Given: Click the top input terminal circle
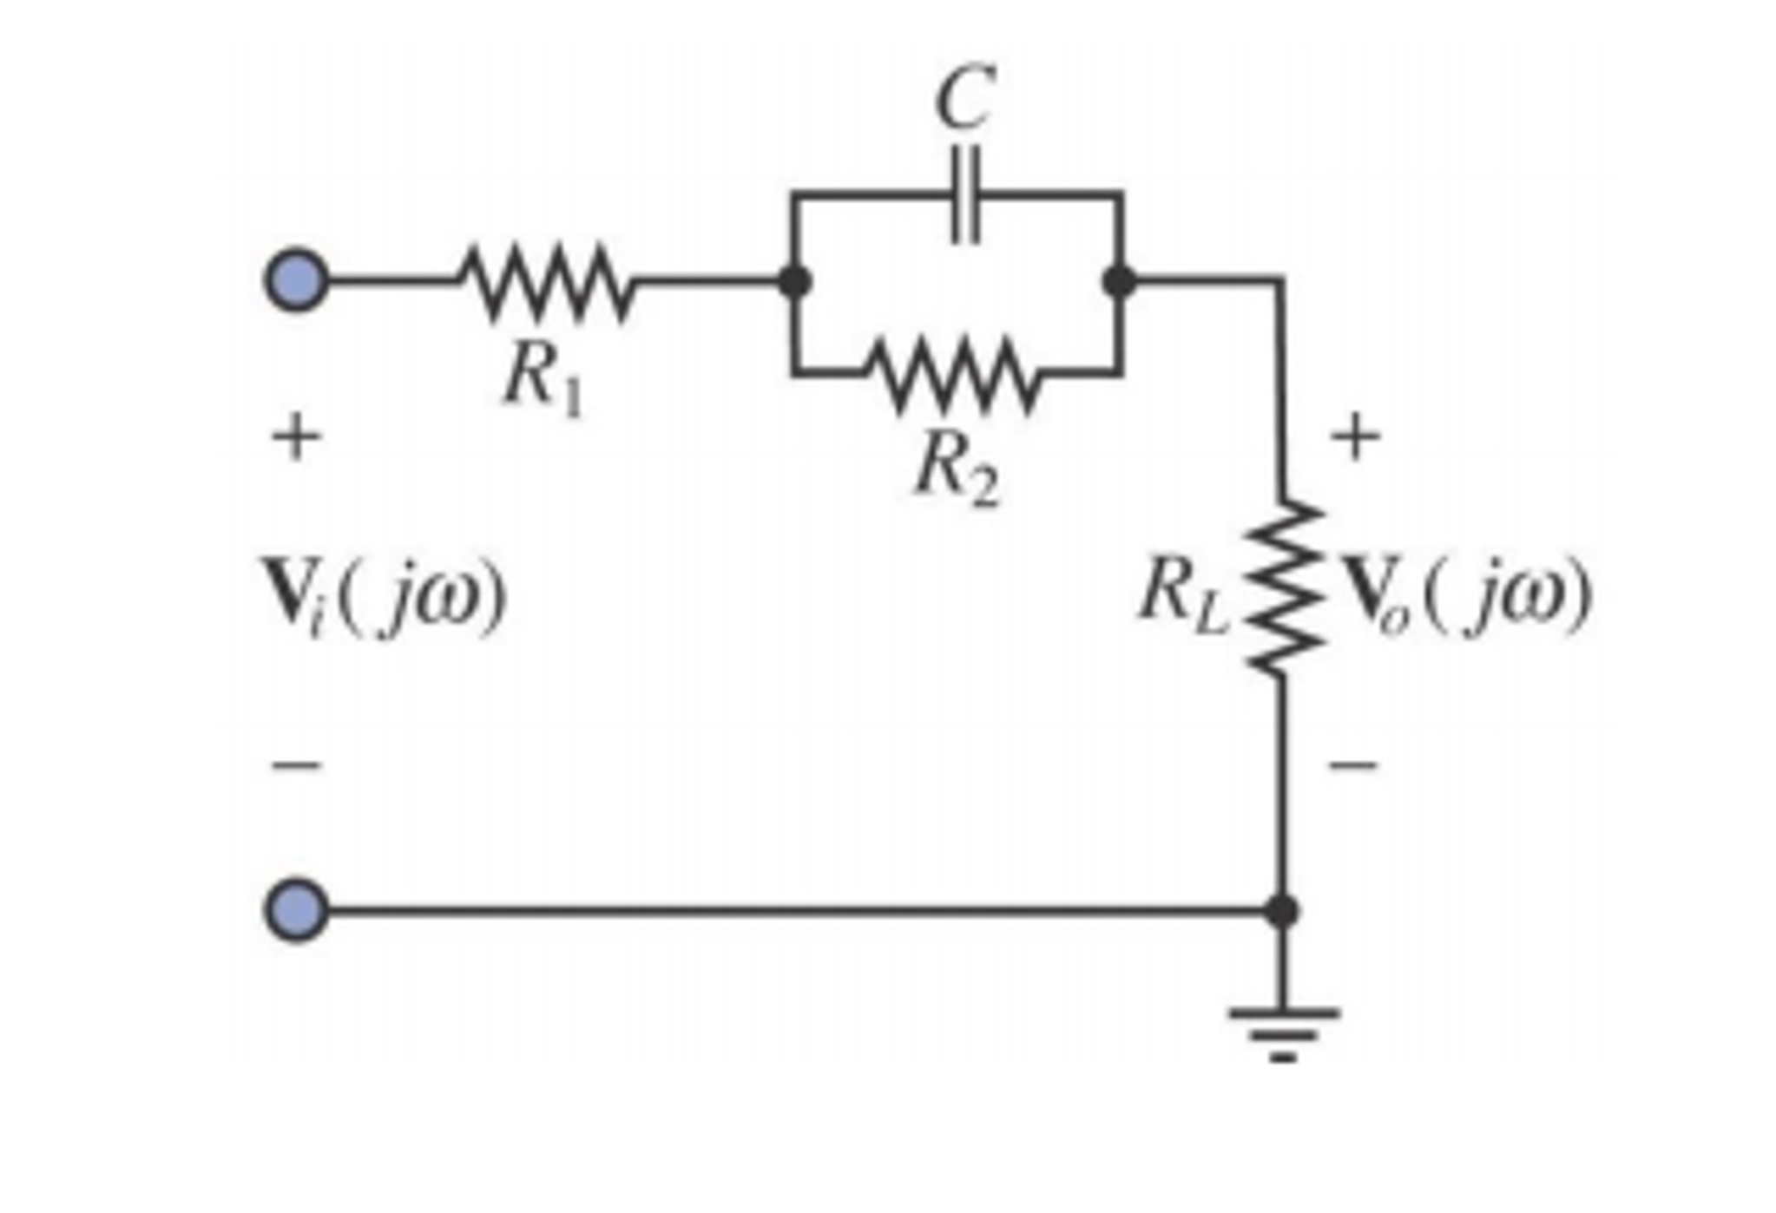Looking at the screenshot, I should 296,280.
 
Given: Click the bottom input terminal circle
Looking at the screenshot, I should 296,910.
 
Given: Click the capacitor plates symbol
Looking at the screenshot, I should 964,194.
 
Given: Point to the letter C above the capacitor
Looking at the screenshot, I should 964,98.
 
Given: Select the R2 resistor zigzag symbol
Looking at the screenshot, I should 953,375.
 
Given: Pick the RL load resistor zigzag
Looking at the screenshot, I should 1283,586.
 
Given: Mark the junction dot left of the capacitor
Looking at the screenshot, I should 793,281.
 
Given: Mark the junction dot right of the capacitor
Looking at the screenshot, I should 1119,281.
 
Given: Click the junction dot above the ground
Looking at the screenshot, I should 1282,910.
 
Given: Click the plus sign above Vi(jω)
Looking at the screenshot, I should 296,436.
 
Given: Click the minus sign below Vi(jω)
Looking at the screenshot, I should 296,764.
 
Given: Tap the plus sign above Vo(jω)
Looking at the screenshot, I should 1355,436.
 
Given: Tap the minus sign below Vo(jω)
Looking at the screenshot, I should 1353,764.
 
